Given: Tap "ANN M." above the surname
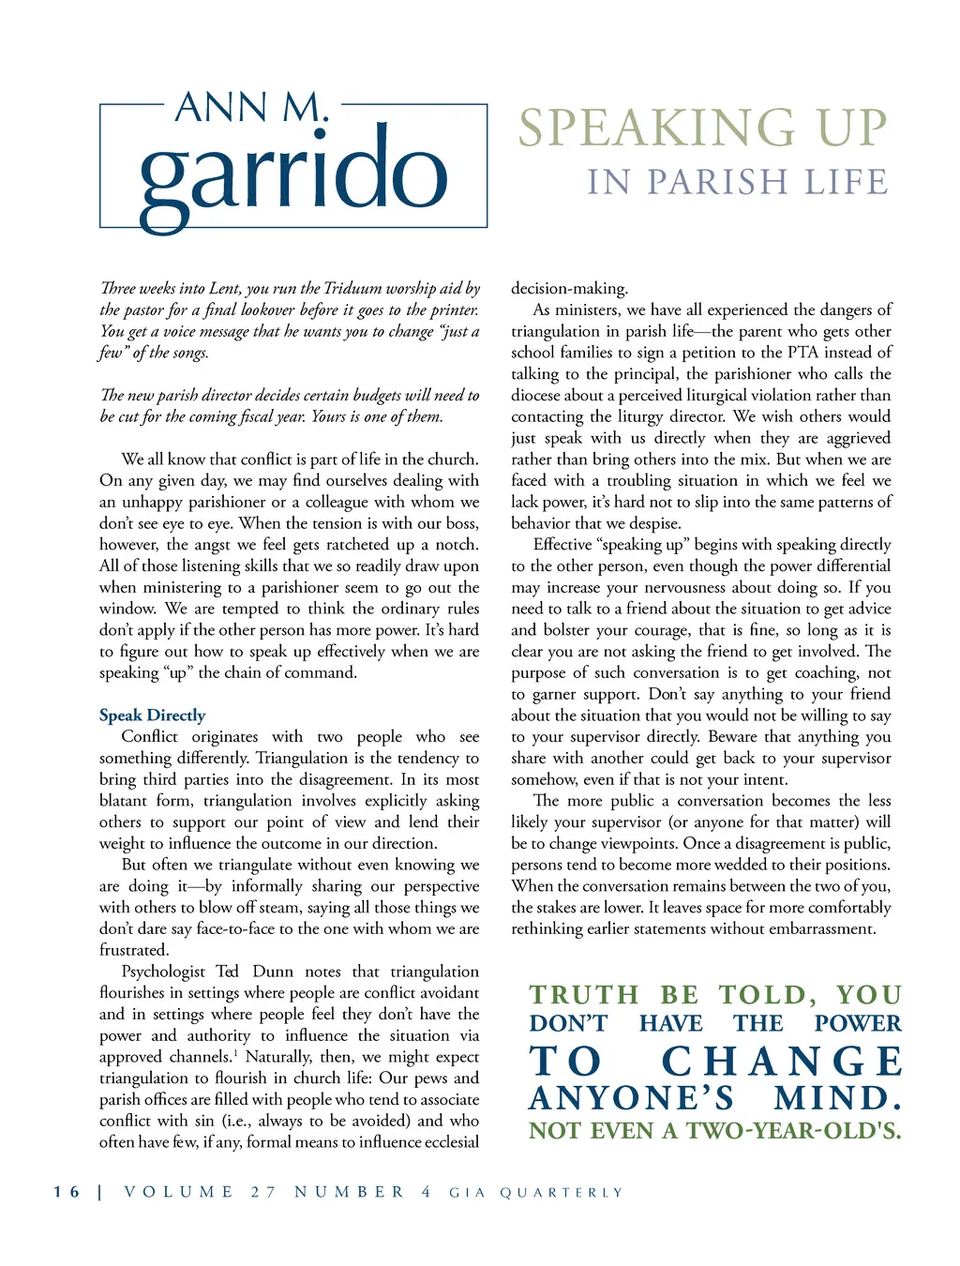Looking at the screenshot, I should pyautogui.click(x=252, y=108).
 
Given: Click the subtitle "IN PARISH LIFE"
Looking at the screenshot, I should pyautogui.click(x=738, y=182).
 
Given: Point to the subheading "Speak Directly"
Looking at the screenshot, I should pyautogui.click(x=152, y=716).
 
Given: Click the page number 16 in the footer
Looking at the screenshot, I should pyautogui.click(x=67, y=1192).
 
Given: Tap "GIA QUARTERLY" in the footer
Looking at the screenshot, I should pyautogui.click(x=536, y=1193).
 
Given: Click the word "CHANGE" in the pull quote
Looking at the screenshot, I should pyautogui.click(x=782, y=1062).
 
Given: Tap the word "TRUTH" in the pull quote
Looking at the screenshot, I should pyautogui.click(x=584, y=995).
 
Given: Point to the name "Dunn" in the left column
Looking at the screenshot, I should pyautogui.click(x=273, y=972).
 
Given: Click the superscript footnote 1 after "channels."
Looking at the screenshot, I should pyautogui.click(x=234, y=1052).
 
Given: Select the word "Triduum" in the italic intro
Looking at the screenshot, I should pyautogui.click(x=350, y=289).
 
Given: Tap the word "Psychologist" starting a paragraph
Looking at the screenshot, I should pyautogui.click(x=163, y=972).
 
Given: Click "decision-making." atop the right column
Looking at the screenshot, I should pyautogui.click(x=569, y=289).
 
